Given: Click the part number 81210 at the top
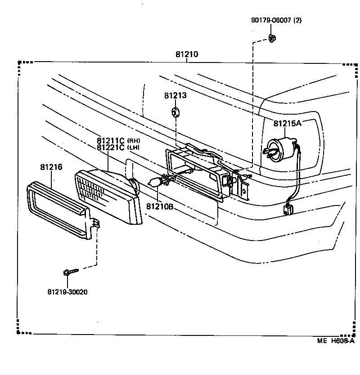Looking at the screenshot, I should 187,55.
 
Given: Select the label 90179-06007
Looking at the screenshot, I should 272,20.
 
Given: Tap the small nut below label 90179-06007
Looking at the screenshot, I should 272,38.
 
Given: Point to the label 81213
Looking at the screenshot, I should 175,96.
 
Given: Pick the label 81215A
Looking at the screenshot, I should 287,123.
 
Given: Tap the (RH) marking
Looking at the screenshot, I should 134,140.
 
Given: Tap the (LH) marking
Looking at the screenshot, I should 133,147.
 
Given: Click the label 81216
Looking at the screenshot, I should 51,167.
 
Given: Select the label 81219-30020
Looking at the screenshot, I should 67,292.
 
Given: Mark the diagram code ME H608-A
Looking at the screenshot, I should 335,341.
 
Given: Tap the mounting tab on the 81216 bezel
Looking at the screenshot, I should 95,224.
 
